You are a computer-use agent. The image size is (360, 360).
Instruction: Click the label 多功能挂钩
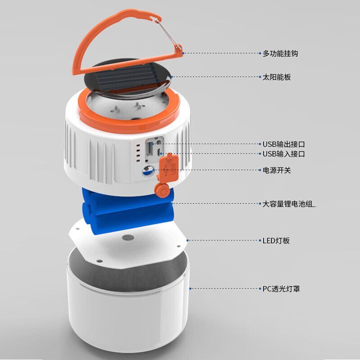pyautogui.click(x=280, y=54)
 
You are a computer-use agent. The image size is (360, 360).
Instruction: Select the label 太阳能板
pyautogui.click(x=277, y=77)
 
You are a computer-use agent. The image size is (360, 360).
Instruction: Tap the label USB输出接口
pyautogui.click(x=284, y=144)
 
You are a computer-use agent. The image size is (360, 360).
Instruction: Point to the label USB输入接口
pyautogui.click(x=284, y=153)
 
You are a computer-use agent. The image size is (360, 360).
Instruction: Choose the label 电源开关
pyautogui.click(x=277, y=170)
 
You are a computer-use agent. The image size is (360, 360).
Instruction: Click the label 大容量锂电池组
pyautogui.click(x=288, y=204)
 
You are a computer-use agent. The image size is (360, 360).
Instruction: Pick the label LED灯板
pyautogui.click(x=276, y=240)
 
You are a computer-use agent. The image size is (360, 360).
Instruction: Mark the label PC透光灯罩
pyautogui.click(x=281, y=288)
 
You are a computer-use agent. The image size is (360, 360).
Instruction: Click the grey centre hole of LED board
pyautogui.click(x=128, y=238)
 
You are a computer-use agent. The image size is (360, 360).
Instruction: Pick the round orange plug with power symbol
pyautogui.click(x=162, y=191)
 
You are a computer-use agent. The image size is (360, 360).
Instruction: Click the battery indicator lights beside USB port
pyautogui.click(x=138, y=153)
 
